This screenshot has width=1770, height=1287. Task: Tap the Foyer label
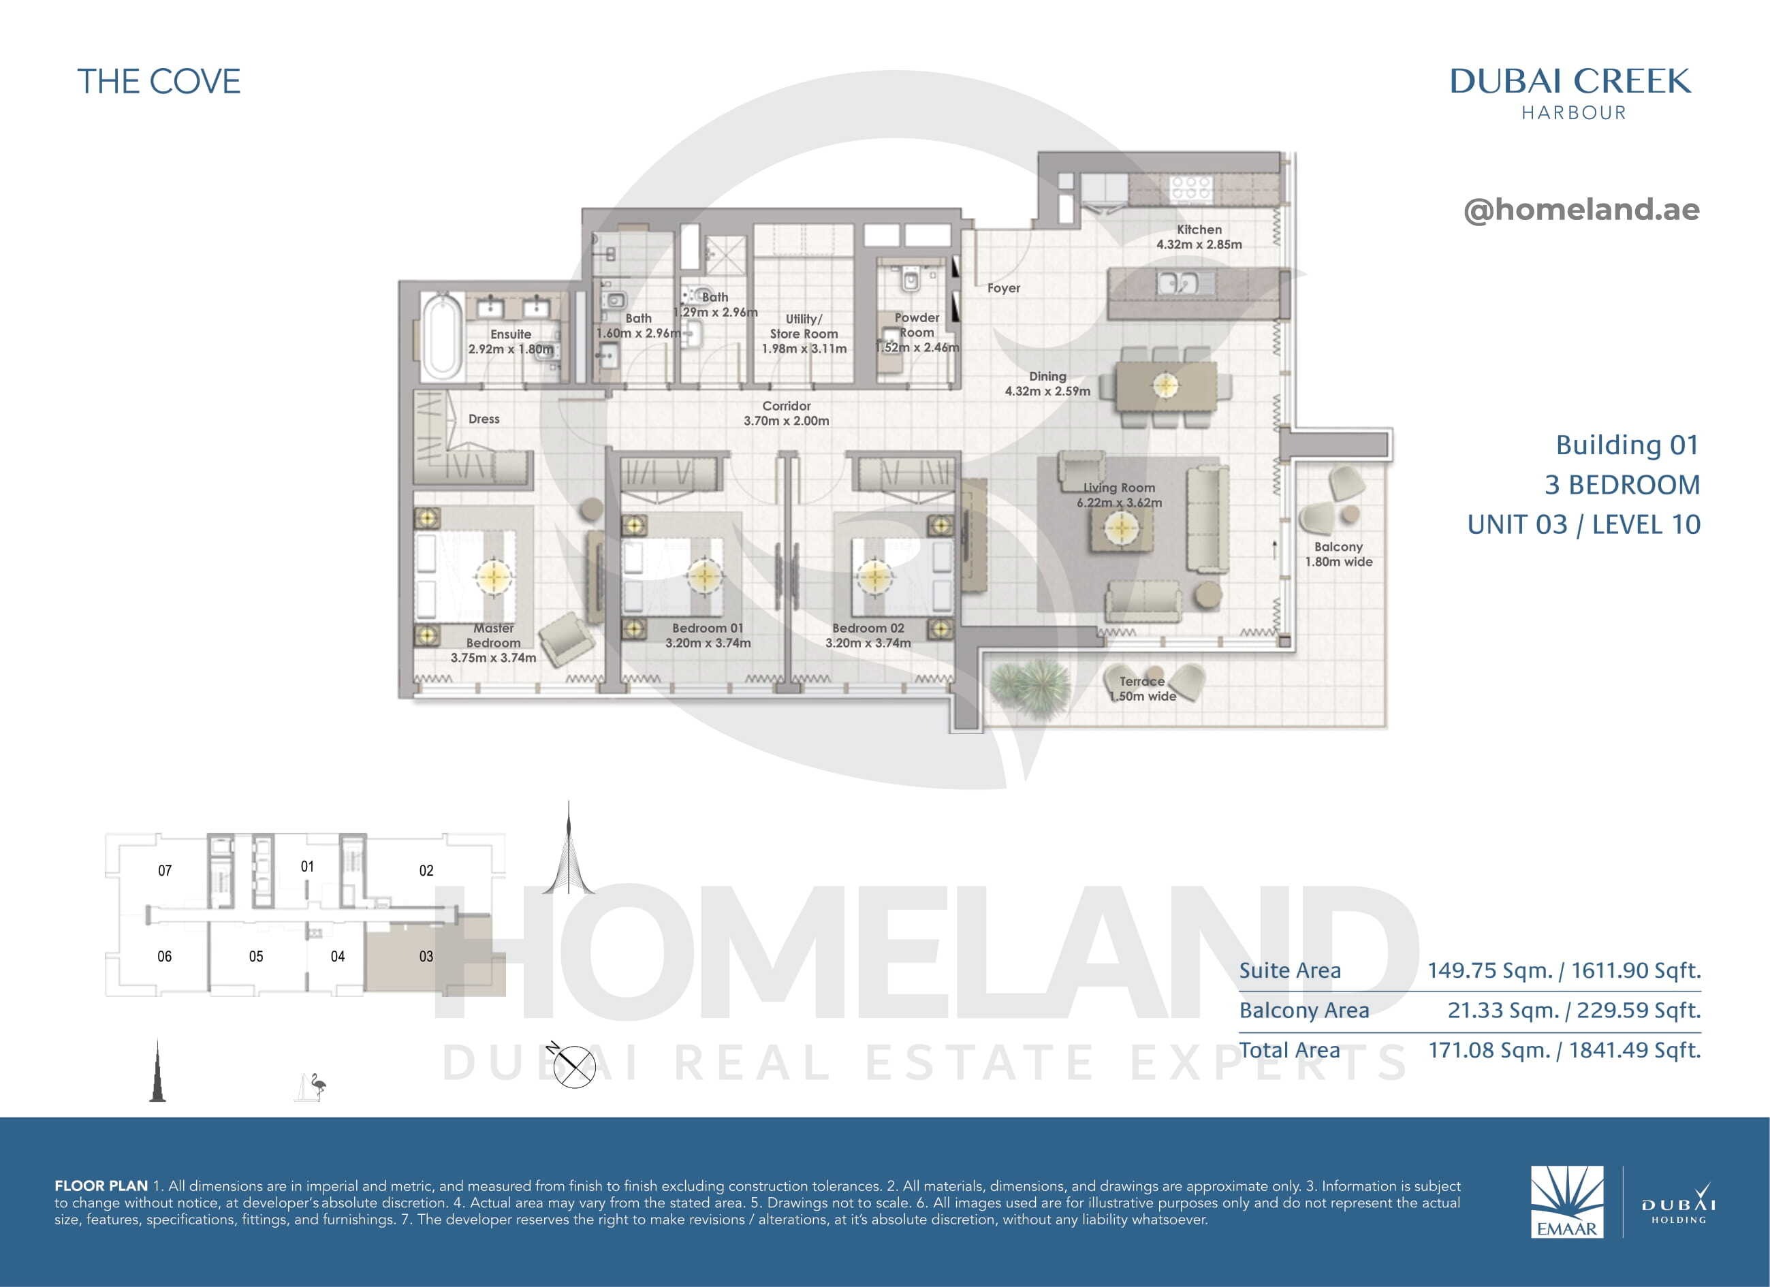(1004, 288)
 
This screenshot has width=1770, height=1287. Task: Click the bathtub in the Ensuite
(442, 336)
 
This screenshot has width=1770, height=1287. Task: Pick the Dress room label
(484, 419)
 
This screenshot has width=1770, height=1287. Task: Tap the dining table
(1166, 385)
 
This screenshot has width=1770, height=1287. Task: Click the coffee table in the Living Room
(1121, 530)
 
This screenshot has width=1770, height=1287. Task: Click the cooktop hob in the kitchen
(1190, 187)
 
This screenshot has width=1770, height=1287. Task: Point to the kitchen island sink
(1177, 282)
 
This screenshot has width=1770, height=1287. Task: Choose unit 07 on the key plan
(165, 870)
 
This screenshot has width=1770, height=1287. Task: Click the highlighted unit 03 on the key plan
(426, 956)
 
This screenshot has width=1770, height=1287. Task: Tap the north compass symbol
(573, 1064)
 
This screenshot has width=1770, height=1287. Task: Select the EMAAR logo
(1567, 1201)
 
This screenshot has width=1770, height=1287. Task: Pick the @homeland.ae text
(1581, 209)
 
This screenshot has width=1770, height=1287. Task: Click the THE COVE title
(159, 82)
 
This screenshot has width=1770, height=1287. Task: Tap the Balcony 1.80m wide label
(1338, 554)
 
